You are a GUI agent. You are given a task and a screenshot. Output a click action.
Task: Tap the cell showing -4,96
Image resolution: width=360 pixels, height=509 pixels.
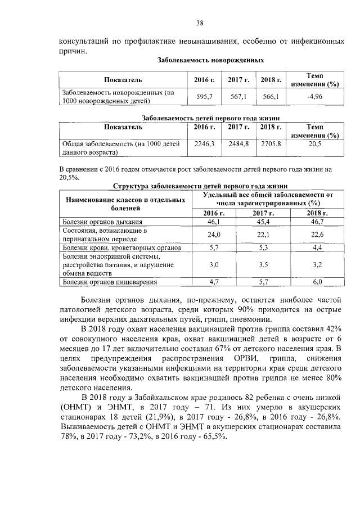tap(314, 97)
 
